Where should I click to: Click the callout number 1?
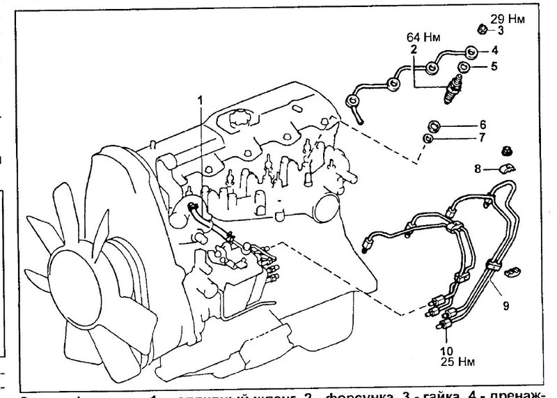pyautogui.click(x=201, y=100)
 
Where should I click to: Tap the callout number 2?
pyautogui.click(x=413, y=49)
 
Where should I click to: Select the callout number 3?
pyautogui.click(x=500, y=30)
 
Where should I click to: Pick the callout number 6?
pyautogui.click(x=481, y=125)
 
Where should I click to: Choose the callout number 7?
pyautogui.click(x=481, y=139)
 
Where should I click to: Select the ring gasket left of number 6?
pyautogui.click(x=434, y=125)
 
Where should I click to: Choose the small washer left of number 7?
pyautogui.click(x=430, y=139)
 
